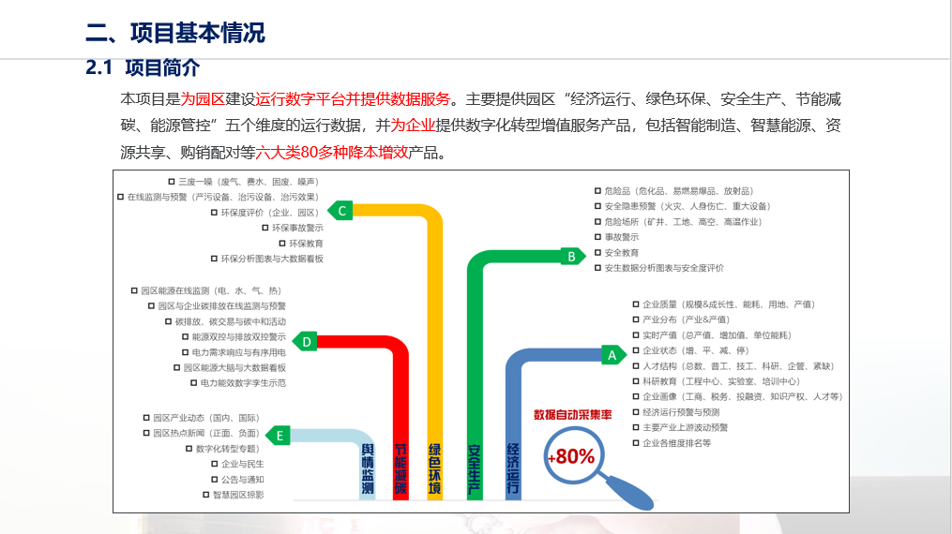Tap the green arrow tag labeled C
[x=342, y=211]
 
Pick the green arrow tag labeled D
[x=306, y=341]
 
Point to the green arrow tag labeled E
[x=280, y=435]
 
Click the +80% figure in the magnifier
[x=571, y=457]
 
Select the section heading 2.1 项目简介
[x=143, y=68]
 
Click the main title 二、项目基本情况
[x=175, y=33]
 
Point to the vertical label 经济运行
[x=512, y=467]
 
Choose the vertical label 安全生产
[x=475, y=467]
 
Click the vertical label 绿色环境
[x=435, y=467]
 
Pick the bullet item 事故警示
[x=621, y=237]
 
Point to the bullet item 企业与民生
[x=242, y=464]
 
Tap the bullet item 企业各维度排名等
[x=676, y=443]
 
